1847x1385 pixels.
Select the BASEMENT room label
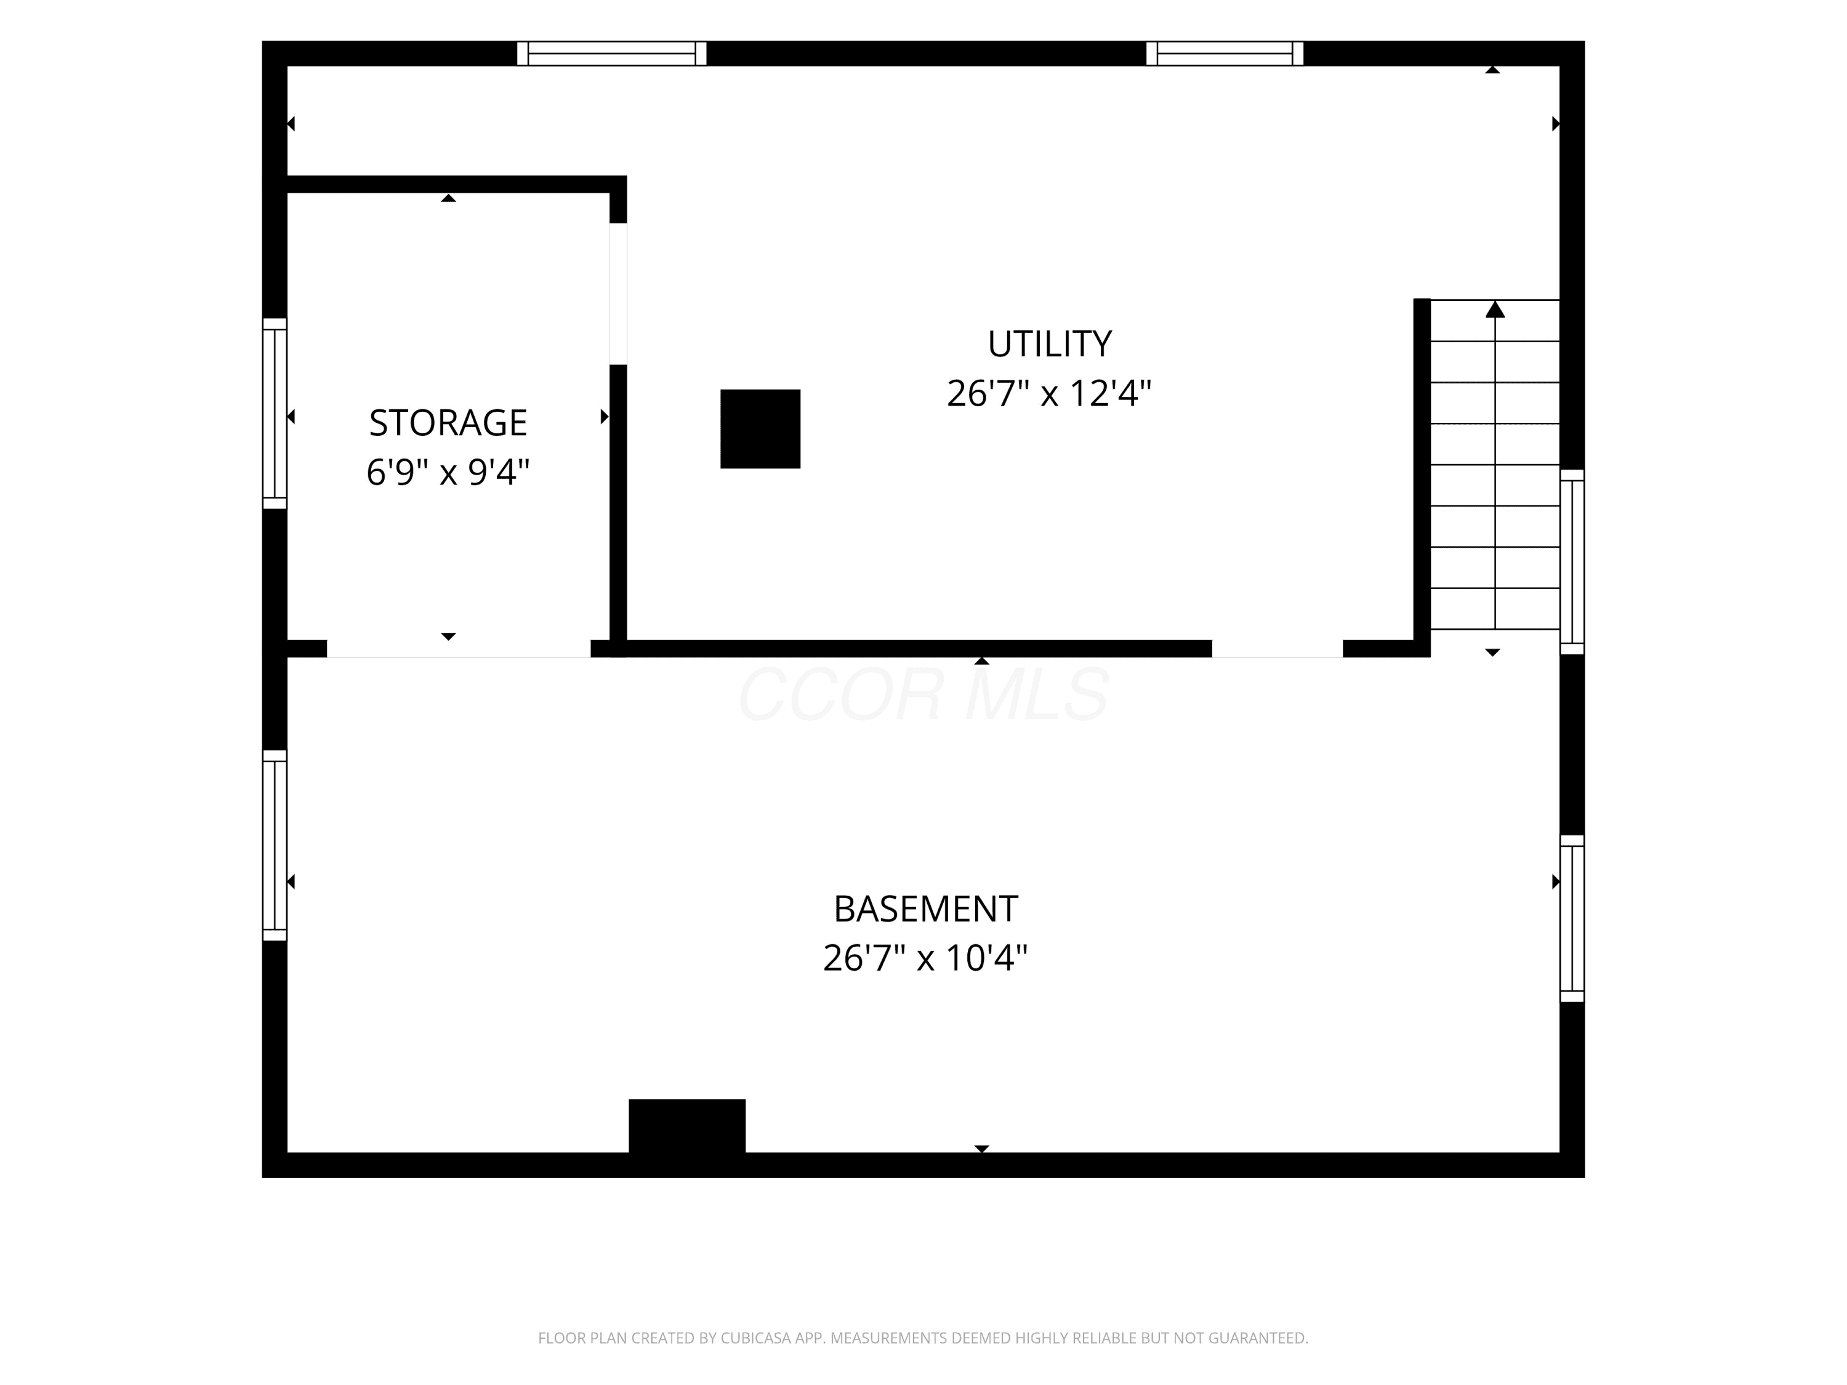tap(925, 909)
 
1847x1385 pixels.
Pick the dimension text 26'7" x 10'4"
tap(925, 958)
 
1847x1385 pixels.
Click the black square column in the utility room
tap(760, 429)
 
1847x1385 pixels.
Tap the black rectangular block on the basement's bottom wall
tap(686, 1126)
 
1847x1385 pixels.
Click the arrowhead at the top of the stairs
tap(1495, 309)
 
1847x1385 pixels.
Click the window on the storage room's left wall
tap(275, 413)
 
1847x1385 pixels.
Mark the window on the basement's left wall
tap(275, 846)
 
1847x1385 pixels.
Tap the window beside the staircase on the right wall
tap(1572, 562)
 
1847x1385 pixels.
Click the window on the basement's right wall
tap(1572, 918)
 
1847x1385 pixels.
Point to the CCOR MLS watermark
tap(923, 694)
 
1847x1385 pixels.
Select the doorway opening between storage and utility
tap(618, 294)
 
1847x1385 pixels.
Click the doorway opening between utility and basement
tap(1278, 649)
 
